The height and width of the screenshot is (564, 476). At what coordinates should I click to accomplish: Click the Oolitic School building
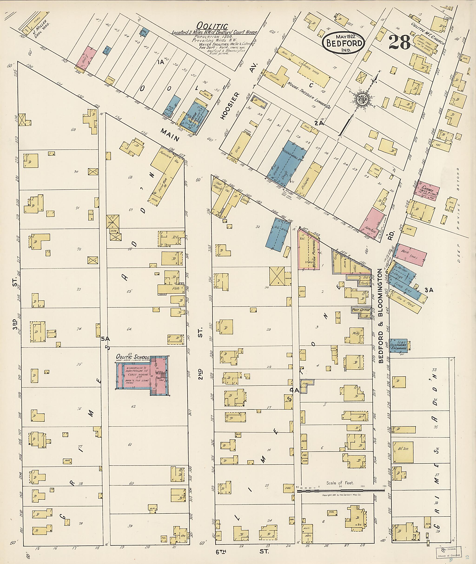142,375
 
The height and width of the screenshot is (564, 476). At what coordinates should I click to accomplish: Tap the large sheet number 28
399,42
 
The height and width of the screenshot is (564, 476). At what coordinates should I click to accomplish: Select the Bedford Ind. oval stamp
344,42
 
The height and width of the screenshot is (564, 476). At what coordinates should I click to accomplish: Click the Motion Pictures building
309,249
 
